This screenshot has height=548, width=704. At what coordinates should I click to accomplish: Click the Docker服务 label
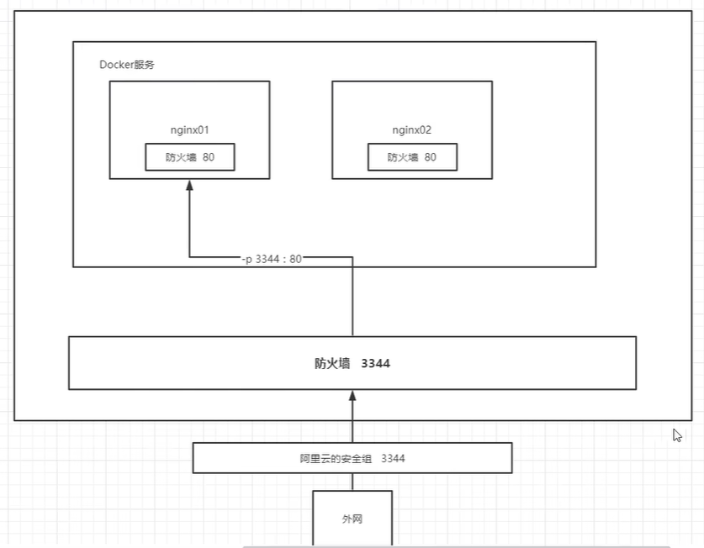click(x=127, y=65)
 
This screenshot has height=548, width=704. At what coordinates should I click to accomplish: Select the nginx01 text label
click(x=189, y=130)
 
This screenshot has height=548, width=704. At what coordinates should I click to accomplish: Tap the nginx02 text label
click(x=412, y=130)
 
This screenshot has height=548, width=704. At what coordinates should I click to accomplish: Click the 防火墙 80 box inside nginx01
click(x=189, y=157)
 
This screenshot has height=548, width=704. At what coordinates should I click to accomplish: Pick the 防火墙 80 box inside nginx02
click(x=412, y=157)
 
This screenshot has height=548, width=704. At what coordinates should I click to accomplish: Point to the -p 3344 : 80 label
click(x=271, y=259)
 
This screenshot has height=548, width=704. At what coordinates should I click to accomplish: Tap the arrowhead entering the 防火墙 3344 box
click(x=352, y=396)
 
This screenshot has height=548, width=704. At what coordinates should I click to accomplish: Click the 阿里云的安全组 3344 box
click(x=352, y=459)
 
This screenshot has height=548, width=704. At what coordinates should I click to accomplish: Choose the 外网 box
click(x=352, y=518)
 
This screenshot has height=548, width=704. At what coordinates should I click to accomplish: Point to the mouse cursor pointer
click(x=676, y=435)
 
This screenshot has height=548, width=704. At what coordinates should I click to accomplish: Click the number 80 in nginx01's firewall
click(x=208, y=157)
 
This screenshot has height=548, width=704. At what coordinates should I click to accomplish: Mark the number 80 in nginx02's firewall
click(x=431, y=157)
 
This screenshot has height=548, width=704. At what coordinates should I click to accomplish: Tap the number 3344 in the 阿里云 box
click(x=394, y=459)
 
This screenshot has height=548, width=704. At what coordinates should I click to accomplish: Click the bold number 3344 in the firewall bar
click(x=375, y=364)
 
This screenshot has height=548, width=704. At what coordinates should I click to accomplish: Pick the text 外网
click(x=352, y=519)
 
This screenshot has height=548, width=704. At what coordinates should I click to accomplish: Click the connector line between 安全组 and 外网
click(x=352, y=482)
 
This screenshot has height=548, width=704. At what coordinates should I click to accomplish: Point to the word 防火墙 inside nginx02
click(x=401, y=157)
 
